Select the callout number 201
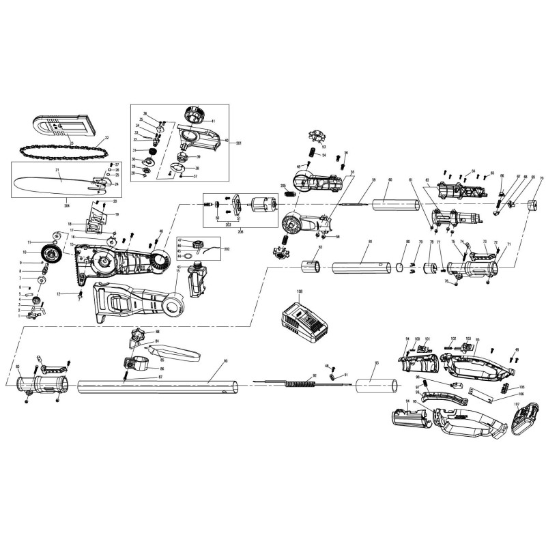pos(239,143)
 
